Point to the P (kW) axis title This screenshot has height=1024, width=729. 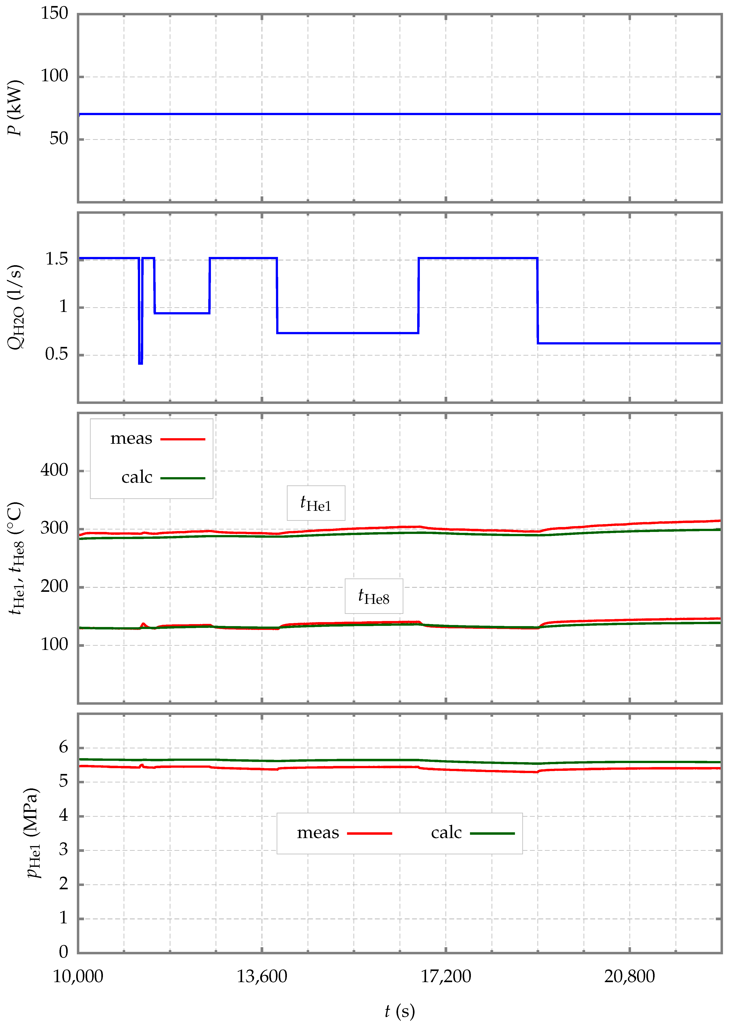pyautogui.click(x=15, y=108)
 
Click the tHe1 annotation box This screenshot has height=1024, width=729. pyautogui.click(x=316, y=503)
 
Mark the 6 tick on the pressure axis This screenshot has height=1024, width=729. pyautogui.click(x=63, y=748)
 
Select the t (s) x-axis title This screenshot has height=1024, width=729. pyautogui.click(x=400, y=1011)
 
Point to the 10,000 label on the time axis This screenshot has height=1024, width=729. pyautogui.click(x=78, y=976)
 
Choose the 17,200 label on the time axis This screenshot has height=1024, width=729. pyautogui.click(x=446, y=976)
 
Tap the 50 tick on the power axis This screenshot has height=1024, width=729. pyautogui.click(x=59, y=139)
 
